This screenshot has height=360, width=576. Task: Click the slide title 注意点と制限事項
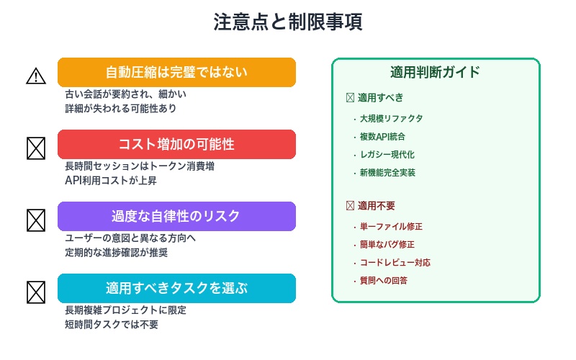[x=287, y=22]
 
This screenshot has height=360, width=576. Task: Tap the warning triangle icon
[x=36, y=76]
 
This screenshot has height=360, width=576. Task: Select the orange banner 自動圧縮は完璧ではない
[x=176, y=72]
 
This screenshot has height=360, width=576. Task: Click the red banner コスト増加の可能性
[x=176, y=144]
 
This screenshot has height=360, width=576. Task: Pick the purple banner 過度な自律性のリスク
[x=176, y=216]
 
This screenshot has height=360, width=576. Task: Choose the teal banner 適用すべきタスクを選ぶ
[x=176, y=288]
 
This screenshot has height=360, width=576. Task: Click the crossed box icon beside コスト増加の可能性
[x=36, y=148]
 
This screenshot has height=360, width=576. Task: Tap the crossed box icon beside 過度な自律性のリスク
[x=36, y=220]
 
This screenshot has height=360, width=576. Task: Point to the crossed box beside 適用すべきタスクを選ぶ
[x=36, y=292]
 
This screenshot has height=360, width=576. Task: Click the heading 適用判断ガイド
[x=435, y=72]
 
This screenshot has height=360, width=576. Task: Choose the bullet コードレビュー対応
[x=395, y=263]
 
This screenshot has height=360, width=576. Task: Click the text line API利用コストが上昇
[x=115, y=180]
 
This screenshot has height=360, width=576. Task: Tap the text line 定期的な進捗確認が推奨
[x=121, y=252]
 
